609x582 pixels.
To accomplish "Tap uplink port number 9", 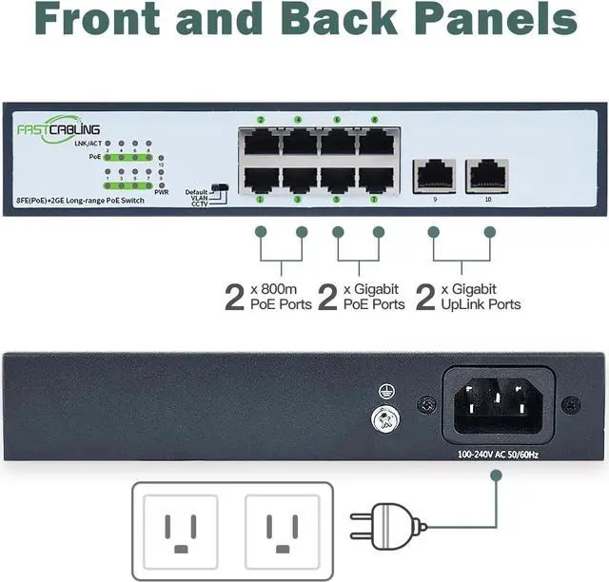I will (434, 174).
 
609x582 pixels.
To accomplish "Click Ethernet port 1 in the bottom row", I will (260, 179).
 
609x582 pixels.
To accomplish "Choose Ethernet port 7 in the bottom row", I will (374, 179).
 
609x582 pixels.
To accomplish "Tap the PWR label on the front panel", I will (162, 192).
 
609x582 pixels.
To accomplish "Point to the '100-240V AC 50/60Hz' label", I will (499, 454).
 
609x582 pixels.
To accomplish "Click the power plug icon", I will (384, 526).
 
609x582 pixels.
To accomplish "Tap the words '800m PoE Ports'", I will (280, 298).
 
